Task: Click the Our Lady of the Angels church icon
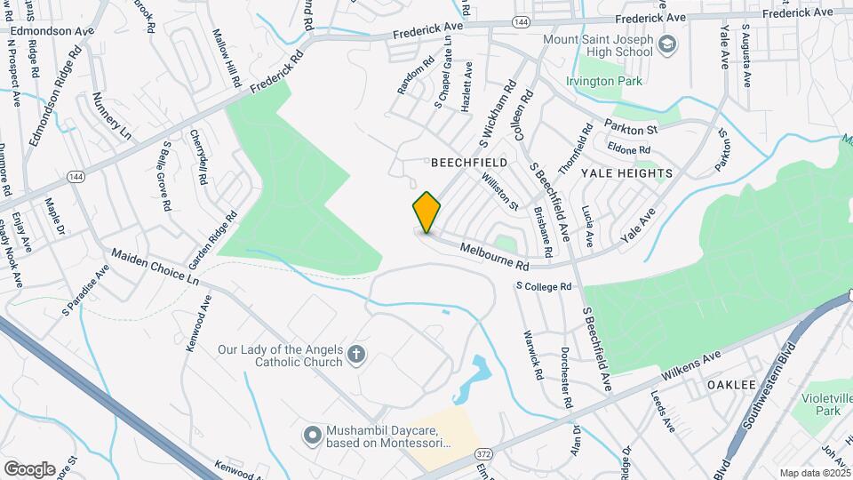coord(355,356)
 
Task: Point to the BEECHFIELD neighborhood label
coord(469,164)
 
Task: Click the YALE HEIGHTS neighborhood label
coord(626,172)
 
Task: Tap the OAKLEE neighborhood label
coord(730,385)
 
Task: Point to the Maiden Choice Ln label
coord(155,266)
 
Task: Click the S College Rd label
coord(543,286)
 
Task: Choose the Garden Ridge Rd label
coord(212,240)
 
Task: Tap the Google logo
coord(29,468)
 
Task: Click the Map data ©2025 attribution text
coord(815,473)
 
